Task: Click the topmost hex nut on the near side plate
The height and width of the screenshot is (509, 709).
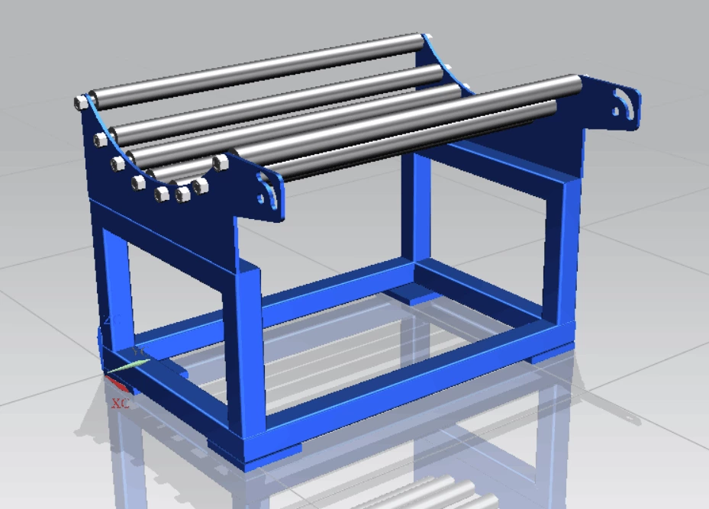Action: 81,101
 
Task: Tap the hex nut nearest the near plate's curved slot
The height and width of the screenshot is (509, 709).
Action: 221,162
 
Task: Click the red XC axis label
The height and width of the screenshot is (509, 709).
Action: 120,403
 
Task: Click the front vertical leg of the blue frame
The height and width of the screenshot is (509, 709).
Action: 245,351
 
